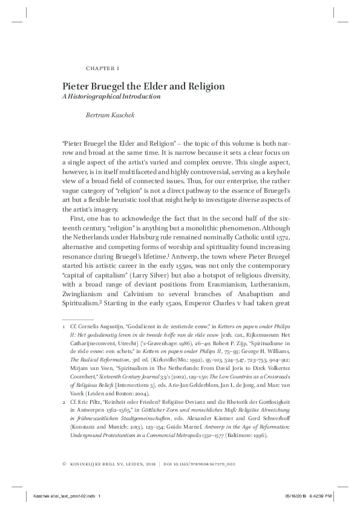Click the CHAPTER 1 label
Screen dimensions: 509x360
[99, 68]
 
